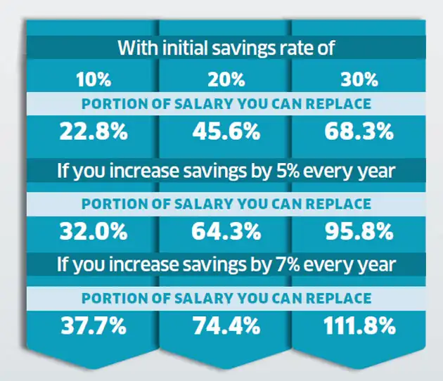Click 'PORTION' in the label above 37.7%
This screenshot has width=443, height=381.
click(109, 298)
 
